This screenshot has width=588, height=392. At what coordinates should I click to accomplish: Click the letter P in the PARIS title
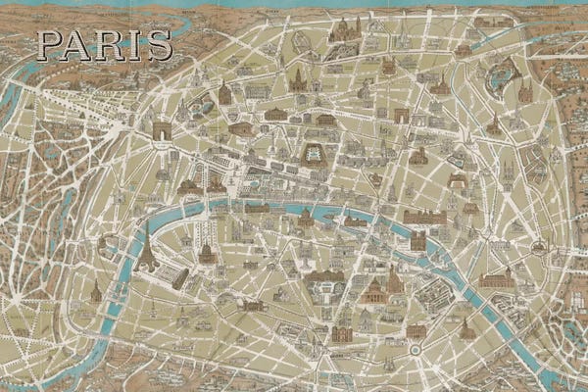(x=49, y=45)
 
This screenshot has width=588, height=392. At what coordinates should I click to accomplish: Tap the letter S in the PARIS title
(x=158, y=45)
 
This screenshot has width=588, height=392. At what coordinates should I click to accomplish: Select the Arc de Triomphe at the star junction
(x=162, y=131)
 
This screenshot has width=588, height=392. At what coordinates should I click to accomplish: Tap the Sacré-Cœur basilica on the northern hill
(x=344, y=31)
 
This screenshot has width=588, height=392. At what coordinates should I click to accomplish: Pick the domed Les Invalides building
(x=207, y=252)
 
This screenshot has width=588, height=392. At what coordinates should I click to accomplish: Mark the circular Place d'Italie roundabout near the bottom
(x=415, y=349)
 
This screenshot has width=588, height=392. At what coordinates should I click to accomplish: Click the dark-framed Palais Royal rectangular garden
(x=314, y=156)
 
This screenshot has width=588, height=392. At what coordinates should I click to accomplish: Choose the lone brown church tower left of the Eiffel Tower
(x=96, y=291)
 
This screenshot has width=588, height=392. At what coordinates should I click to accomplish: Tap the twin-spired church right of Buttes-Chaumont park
(x=525, y=93)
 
